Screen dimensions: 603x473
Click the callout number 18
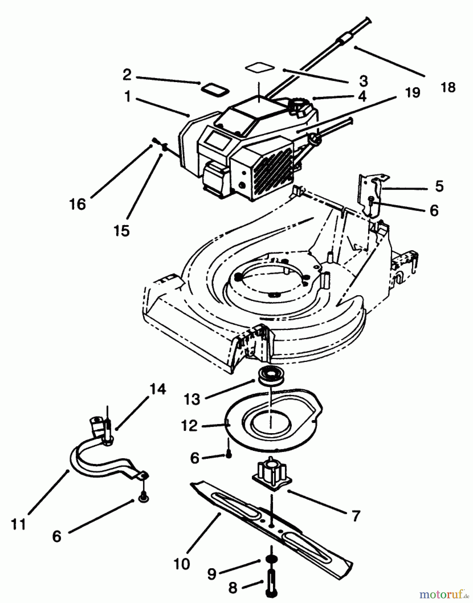coord(448,87)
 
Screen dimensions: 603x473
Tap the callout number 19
coord(412,92)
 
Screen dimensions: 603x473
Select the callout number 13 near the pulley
coord(192,399)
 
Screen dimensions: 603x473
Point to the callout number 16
coord(78,204)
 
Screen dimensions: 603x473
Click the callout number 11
coord(18,524)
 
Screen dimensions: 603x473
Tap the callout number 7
coord(355,516)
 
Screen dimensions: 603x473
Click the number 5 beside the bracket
coord(439,186)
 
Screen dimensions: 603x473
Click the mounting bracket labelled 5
coord(373,194)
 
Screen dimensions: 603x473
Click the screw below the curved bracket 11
coord(143,498)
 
